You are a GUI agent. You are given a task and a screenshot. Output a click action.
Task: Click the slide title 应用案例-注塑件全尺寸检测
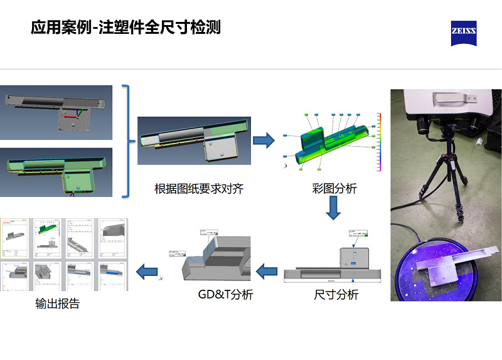pyautogui.click(x=125, y=28)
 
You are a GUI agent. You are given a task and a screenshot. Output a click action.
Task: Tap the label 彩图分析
pyautogui.click(x=334, y=188)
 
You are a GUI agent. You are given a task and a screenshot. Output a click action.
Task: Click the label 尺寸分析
pyautogui.click(x=336, y=294)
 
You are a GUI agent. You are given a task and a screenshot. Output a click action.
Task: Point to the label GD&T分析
pyautogui.click(x=225, y=294)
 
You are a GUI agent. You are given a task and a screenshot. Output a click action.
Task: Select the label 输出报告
pyautogui.click(x=58, y=304)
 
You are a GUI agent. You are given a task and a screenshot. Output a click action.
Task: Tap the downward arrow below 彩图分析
pyautogui.click(x=333, y=209)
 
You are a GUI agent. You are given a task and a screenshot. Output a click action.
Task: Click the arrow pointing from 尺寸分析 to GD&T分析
pyautogui.click(x=266, y=272)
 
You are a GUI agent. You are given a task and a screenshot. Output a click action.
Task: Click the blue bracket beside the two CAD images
pyautogui.click(x=130, y=141)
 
